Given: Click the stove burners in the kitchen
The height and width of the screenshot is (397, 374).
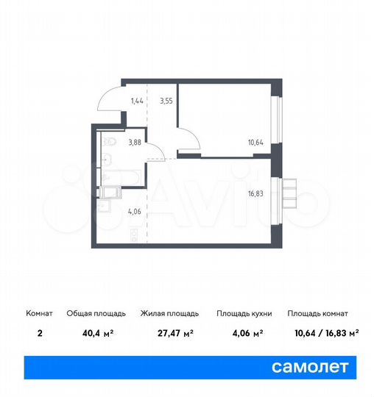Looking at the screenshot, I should tap(133, 235).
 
